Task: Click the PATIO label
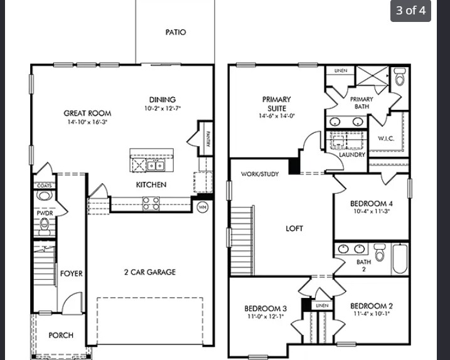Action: [176, 32]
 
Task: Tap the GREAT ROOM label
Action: [87, 114]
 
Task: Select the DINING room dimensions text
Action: [162, 109]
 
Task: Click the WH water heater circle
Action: [203, 206]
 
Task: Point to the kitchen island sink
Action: [156, 166]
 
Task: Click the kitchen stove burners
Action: [151, 203]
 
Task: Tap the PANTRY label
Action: [207, 137]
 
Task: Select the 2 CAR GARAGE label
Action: [149, 272]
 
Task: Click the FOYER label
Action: [71, 273]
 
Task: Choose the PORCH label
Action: [61, 335]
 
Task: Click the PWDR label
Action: [44, 213]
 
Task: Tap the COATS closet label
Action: [43, 186]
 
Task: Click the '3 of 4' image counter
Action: [410, 11]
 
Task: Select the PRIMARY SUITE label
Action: [276, 103]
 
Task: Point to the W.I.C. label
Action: [386, 139]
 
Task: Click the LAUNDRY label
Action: [352, 154]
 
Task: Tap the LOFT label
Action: [294, 228]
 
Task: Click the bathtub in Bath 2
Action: [400, 258]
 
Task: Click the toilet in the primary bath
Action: [400, 77]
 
